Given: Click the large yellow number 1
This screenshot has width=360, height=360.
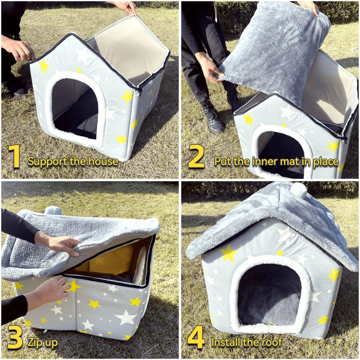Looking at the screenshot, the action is [x=14, y=156].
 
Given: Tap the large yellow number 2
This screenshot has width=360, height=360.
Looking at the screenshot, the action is [x=196, y=156].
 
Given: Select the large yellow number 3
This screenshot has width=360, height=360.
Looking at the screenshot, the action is [x=15, y=337].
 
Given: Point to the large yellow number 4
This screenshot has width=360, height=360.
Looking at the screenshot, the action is [x=196, y=337].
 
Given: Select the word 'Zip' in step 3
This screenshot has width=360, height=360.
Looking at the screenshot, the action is [x=34, y=342].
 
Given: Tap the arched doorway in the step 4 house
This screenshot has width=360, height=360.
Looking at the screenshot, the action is [x=269, y=295].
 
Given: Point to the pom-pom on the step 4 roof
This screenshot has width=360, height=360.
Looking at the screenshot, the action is [x=298, y=189].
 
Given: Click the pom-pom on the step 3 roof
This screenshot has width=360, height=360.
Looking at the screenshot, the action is [x=53, y=210].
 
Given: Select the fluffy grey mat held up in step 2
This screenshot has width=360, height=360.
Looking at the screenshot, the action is [x=275, y=50].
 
